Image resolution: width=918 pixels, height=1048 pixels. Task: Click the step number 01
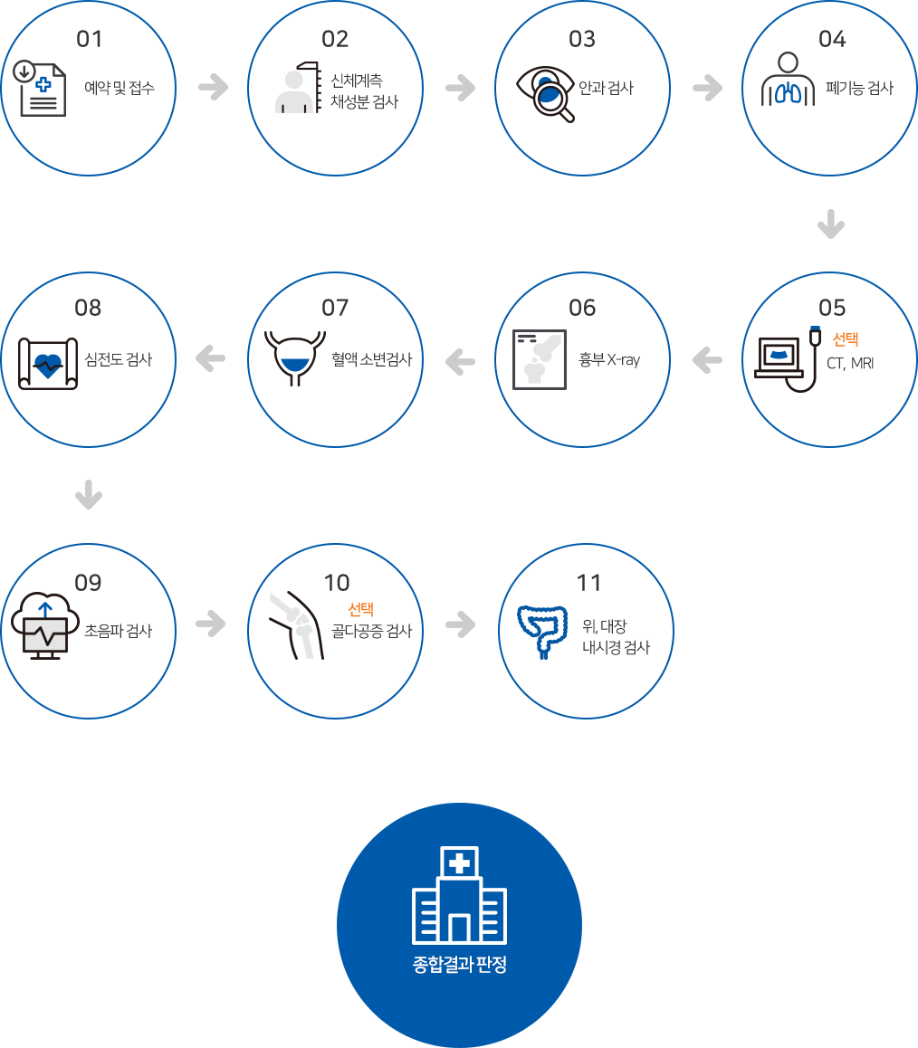point(89,39)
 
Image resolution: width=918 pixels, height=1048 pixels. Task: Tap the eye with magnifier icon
point(545,94)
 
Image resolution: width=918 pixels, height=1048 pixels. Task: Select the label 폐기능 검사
point(859,88)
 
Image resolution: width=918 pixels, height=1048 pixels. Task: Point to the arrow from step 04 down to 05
point(831,224)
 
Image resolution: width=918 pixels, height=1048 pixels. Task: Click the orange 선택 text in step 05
point(846,338)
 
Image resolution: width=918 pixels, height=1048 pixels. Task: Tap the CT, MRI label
point(850,363)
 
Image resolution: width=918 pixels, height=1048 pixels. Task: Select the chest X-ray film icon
point(539,359)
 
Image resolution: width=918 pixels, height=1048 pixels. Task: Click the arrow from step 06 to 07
point(460,362)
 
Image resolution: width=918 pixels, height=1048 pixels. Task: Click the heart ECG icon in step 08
point(48,364)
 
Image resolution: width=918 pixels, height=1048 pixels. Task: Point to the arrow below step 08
point(89,495)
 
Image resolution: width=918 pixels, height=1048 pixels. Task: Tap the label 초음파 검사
point(119,630)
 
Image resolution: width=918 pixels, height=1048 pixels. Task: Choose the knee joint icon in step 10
point(296,625)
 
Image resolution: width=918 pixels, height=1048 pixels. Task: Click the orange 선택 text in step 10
point(361,609)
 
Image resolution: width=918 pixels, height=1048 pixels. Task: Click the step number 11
point(588,582)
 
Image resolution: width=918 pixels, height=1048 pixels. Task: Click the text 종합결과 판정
point(459,964)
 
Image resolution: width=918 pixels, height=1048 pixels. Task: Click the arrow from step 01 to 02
point(214,87)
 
